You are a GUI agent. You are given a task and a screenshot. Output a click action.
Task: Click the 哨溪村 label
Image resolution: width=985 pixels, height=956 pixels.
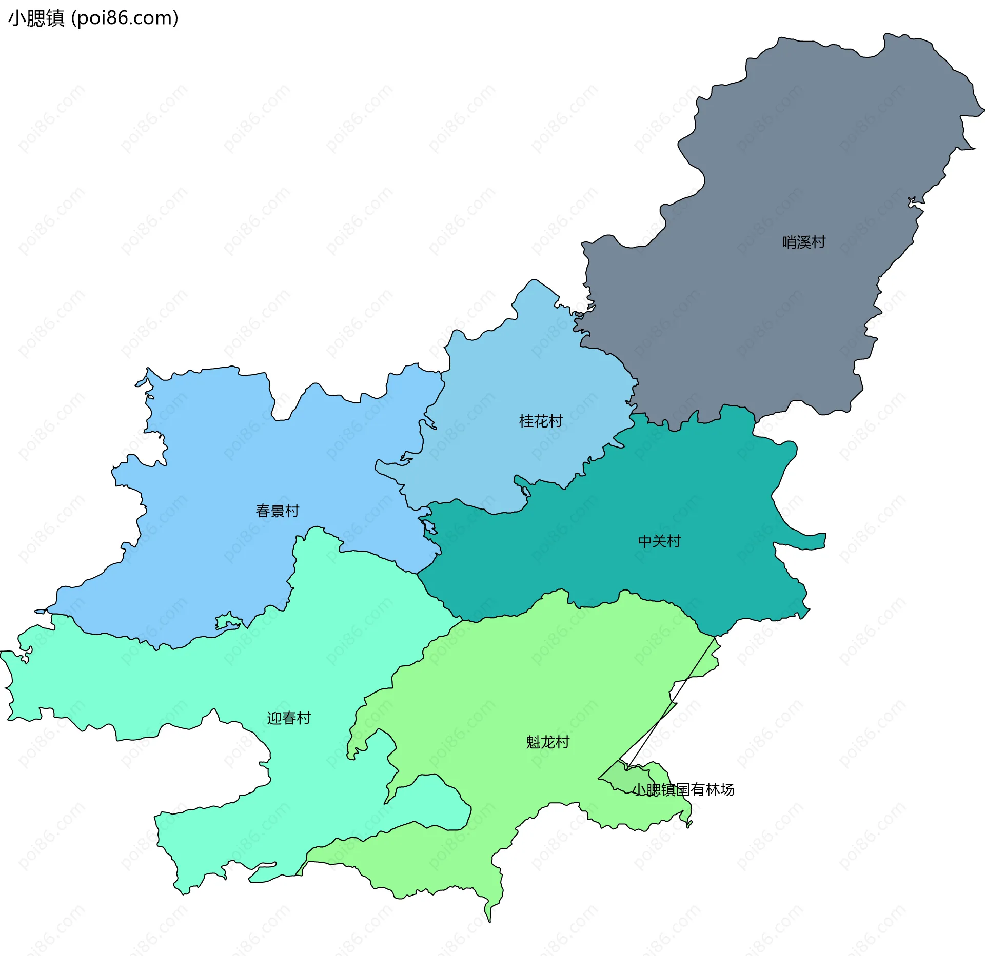tap(803, 242)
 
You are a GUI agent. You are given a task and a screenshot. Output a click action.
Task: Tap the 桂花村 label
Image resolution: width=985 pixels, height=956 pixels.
tap(541, 421)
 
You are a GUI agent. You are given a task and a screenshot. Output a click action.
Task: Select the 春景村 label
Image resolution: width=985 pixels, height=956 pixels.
tap(277, 511)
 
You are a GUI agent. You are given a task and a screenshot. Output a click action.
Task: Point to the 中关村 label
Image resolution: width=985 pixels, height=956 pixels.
tap(659, 541)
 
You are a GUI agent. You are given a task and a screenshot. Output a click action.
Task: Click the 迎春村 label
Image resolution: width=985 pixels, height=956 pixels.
tap(289, 718)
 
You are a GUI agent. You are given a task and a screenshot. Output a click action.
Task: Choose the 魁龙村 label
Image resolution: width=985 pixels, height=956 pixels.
tap(547, 742)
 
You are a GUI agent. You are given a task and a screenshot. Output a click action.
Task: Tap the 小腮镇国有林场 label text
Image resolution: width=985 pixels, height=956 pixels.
tap(683, 790)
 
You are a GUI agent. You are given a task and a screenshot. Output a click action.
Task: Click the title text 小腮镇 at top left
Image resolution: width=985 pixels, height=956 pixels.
tap(36, 18)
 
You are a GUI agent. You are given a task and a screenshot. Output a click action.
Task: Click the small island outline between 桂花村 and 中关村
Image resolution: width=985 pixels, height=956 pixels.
tap(525, 492)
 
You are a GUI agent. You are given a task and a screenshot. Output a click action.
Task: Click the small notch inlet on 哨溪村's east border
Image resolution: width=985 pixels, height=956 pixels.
tap(913, 203)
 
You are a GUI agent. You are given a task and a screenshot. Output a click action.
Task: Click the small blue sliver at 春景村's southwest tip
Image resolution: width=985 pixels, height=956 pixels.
tap(40, 612)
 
